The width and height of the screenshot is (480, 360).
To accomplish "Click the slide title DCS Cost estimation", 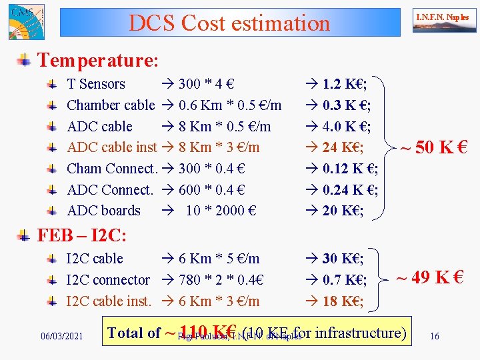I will (229, 23).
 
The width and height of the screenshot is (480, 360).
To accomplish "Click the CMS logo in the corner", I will (25, 21).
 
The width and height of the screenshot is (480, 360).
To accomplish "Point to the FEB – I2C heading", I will (82, 235).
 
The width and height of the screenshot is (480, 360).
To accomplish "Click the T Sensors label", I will (96, 84).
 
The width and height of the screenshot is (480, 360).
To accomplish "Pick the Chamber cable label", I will (111, 105).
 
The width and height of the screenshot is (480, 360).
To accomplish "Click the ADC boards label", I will (103, 211).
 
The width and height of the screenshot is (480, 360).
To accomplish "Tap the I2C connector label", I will (108, 280).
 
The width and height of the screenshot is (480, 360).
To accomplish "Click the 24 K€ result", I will (343, 147).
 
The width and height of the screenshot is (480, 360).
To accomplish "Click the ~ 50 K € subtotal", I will (433, 147).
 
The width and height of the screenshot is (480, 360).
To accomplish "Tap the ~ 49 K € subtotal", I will (430, 277).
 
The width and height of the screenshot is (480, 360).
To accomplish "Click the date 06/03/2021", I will (62, 336).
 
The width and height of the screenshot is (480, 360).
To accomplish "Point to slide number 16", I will (435, 336).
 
